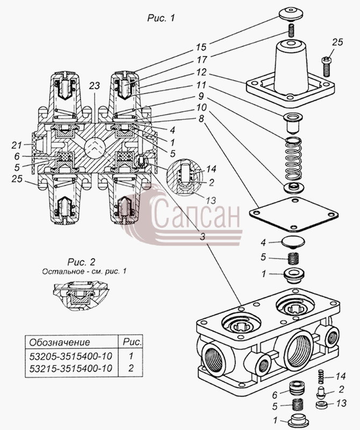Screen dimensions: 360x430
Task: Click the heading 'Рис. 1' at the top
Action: [161, 18]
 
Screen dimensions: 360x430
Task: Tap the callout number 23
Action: [95, 85]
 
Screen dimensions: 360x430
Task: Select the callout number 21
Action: [17, 145]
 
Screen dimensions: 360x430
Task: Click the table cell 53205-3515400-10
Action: [71, 356]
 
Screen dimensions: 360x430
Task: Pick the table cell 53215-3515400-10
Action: [71, 368]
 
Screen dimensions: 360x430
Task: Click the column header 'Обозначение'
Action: [60, 342]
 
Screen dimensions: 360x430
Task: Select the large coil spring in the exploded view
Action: [293, 160]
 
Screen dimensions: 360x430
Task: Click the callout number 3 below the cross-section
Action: [203, 236]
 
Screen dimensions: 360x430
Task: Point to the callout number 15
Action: [201, 47]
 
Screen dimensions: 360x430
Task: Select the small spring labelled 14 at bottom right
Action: [321, 377]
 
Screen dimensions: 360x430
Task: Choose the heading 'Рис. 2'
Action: [81, 262]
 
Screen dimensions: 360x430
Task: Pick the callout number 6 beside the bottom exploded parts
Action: [275, 395]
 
